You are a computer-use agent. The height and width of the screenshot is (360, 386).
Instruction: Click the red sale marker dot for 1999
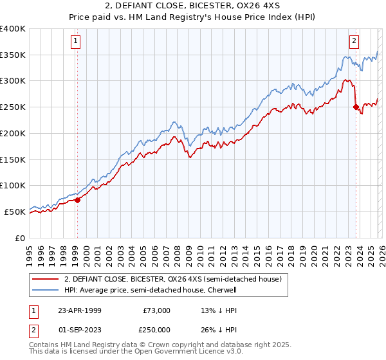coord(77,200)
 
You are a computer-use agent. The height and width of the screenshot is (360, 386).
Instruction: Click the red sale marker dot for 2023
coord(356,107)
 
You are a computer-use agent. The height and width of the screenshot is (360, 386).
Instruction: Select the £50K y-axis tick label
coord(15,212)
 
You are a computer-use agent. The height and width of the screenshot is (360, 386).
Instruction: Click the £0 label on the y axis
coord(21,238)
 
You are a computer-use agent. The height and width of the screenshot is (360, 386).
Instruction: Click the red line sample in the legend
coord(46,279)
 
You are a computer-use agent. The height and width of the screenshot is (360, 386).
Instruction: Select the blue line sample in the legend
coord(46,290)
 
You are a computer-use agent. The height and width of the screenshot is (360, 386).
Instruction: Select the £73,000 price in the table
coord(156,310)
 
